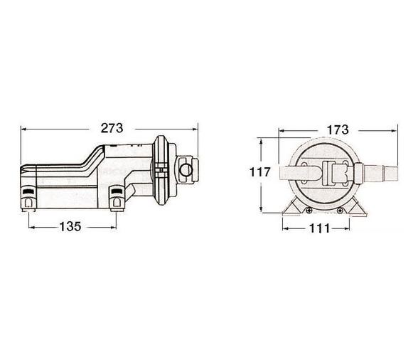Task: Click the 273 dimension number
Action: tap(112, 128)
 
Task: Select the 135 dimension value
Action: tap(70, 227)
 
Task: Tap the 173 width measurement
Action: tap(338, 130)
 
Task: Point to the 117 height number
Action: tap(260, 172)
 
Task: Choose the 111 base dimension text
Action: tap(320, 228)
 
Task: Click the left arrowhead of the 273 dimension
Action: tap(23, 129)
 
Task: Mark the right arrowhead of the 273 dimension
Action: tap(195, 129)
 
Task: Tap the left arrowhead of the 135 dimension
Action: tap(32, 228)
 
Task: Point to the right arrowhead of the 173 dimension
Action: tap(395, 131)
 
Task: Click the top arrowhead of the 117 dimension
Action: tap(262, 142)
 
